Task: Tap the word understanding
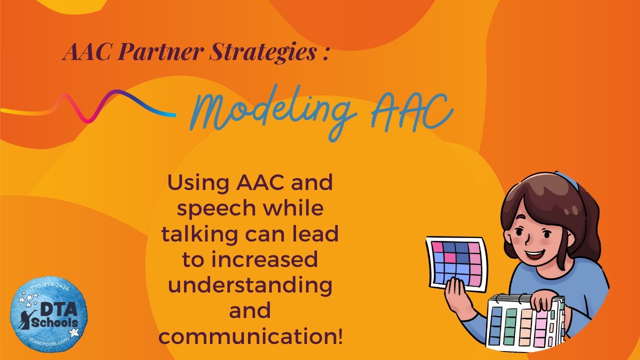click(x=250, y=285)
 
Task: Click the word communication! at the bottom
click(x=250, y=336)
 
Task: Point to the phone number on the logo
click(x=50, y=288)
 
